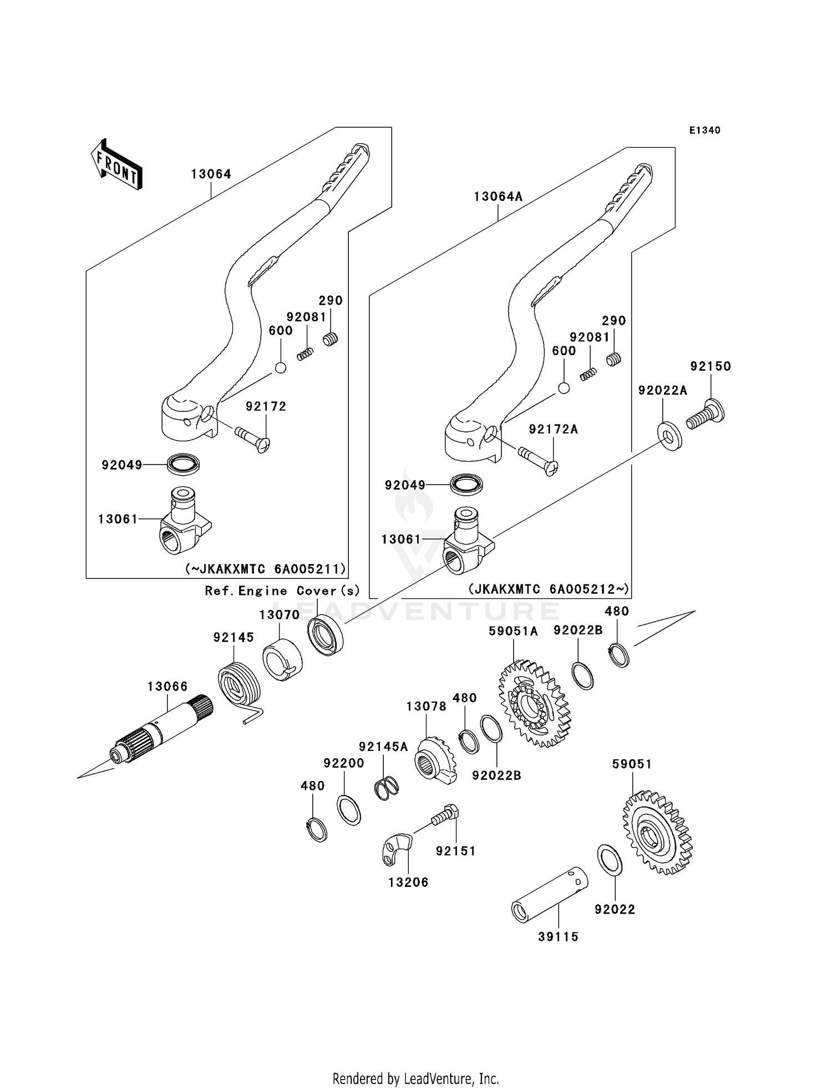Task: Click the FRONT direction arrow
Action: [x=117, y=165]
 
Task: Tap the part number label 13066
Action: [x=168, y=687]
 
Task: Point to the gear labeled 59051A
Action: [x=535, y=703]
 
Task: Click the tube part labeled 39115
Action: [x=550, y=894]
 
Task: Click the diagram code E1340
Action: [x=705, y=130]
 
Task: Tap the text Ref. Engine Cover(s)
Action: [x=282, y=591]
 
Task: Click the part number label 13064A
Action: [x=498, y=197]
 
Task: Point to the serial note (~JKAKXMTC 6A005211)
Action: [x=265, y=569]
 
